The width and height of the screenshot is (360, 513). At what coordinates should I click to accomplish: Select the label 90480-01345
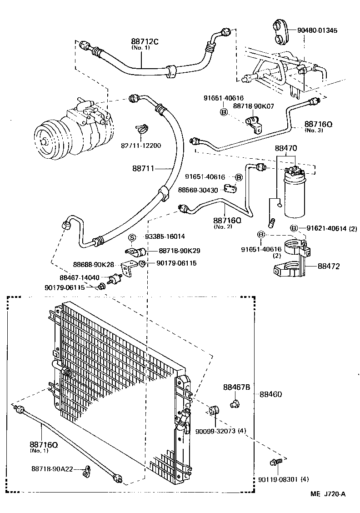pyautogui.click(x=318, y=30)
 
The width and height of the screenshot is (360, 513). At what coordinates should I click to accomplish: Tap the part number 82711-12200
pyautogui.click(x=141, y=146)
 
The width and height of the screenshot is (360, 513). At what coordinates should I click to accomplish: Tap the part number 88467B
pyautogui.click(x=236, y=387)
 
